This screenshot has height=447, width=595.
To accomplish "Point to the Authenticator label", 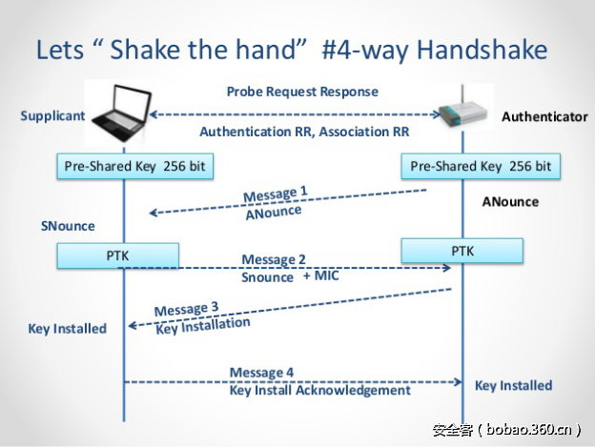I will (544, 116).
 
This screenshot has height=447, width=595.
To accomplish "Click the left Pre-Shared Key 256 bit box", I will (134, 166).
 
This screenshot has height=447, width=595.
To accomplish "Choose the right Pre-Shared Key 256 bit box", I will (480, 166).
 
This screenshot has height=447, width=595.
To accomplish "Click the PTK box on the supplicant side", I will (118, 255).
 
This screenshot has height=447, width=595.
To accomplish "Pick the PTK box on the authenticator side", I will (462, 251).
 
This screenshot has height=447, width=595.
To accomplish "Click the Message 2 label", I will (274, 259).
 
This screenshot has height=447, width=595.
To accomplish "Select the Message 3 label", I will (187, 309).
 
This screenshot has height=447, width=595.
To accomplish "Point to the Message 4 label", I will (261, 373).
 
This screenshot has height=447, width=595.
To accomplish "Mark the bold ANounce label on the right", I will (509, 202).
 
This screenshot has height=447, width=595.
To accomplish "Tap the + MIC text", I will (321, 276).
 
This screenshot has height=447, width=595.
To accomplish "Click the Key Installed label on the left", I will (67, 328).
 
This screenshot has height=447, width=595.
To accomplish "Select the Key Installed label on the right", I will (513, 385).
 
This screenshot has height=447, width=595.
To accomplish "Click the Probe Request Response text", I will (302, 91).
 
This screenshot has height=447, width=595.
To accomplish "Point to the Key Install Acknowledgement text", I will (319, 391).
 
